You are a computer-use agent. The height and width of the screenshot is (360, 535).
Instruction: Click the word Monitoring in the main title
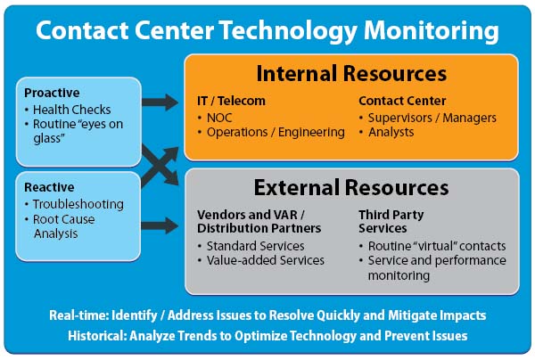(431, 30)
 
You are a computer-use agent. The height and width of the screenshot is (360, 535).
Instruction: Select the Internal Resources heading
(351, 73)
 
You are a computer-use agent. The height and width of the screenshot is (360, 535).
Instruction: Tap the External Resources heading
(351, 187)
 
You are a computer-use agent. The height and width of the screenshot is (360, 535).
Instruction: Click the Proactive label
(52, 93)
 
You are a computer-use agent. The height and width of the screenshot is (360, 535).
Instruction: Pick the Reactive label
(49, 187)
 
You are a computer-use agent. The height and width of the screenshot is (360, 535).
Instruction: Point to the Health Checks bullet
(71, 110)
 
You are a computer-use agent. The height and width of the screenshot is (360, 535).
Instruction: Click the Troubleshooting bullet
(78, 204)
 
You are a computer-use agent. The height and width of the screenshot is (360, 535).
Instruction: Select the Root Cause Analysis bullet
(64, 226)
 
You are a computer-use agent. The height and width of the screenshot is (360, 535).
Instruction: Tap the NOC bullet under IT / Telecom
(219, 118)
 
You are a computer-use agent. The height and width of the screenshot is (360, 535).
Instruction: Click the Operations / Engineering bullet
(276, 132)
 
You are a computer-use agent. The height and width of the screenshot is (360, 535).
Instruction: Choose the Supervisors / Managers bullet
(432, 118)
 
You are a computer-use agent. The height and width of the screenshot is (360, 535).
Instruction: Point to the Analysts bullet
(391, 132)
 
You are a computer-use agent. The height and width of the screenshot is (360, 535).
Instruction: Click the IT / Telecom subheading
(231, 101)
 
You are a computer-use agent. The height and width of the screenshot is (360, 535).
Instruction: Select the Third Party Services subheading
(391, 221)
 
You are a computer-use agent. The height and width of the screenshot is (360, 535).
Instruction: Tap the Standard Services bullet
(255, 246)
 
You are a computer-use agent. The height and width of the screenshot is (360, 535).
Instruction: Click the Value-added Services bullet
(266, 260)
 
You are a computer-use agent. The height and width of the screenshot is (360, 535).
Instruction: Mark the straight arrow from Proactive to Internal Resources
(160, 102)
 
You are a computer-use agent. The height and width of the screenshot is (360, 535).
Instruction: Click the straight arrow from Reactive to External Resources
(160, 225)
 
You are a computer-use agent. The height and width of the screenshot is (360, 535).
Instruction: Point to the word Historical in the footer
(97, 336)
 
